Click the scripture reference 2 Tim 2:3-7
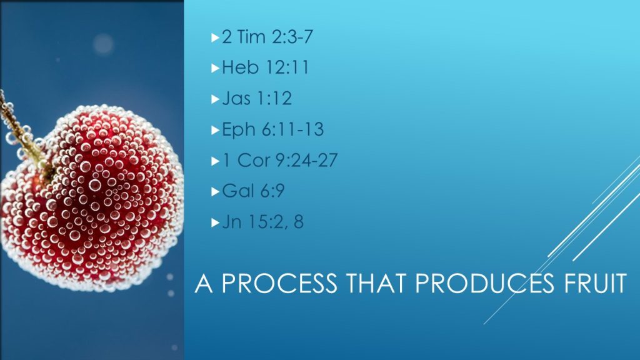[267, 37]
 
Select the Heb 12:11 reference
[265, 67]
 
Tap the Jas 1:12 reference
[257, 98]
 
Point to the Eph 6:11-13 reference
[272, 129]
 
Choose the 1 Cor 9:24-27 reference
[280, 160]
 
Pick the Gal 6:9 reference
[254, 191]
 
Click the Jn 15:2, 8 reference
[263, 222]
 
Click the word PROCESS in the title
[279, 283]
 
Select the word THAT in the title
[376, 283]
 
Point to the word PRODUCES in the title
[485, 283]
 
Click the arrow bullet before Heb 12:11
[216, 68]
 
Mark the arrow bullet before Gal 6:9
[216, 191]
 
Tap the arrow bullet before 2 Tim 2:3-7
[216, 38]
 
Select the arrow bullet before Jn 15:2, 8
[216, 222]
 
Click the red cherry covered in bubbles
[92, 198]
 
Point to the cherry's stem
[24, 137]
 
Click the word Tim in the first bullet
[251, 37]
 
